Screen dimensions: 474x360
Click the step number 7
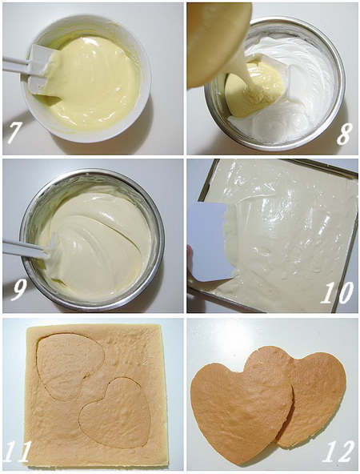coord(14,132)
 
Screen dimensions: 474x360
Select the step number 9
coord(18,288)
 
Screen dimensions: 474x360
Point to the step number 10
coord(337,292)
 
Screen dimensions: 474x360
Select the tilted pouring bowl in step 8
coord(214,40)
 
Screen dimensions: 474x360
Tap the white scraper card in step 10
coord(210,240)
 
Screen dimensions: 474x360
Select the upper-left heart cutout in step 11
coord(68,364)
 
